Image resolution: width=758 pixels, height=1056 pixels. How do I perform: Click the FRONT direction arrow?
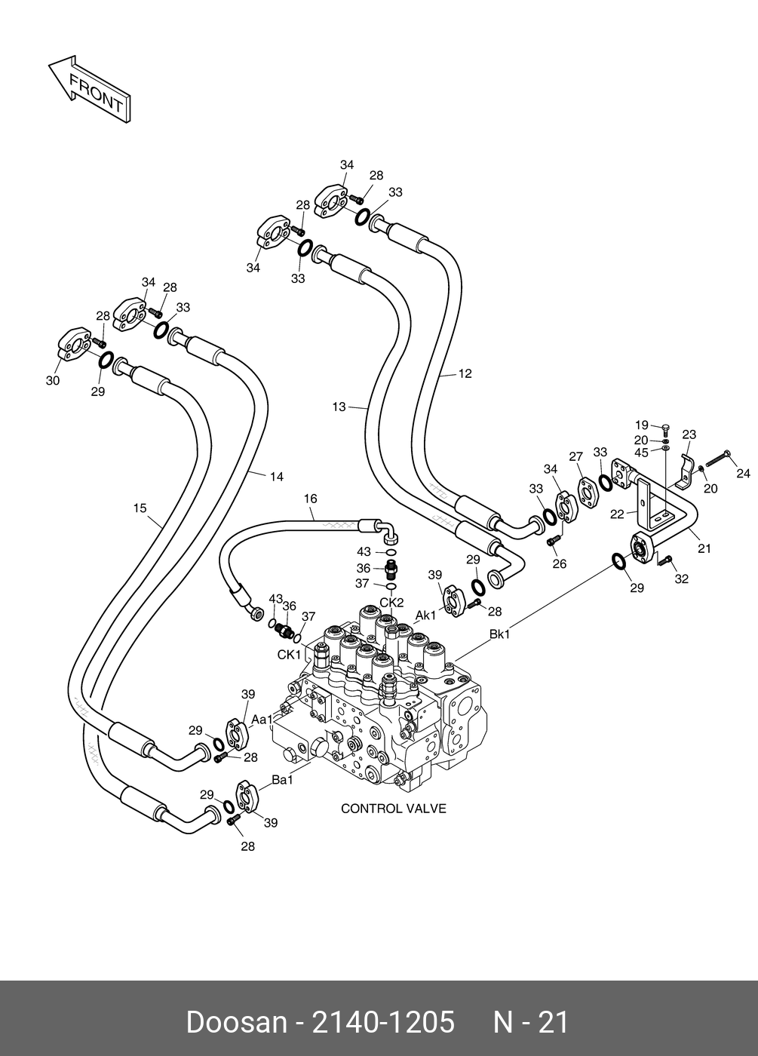(x=90, y=90)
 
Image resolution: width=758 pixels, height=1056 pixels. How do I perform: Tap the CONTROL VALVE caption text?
(x=393, y=809)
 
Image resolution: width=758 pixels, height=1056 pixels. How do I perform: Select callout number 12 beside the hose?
(x=465, y=373)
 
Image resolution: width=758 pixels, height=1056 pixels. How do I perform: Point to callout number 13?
(x=339, y=407)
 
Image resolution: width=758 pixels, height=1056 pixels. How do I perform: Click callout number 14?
(x=277, y=477)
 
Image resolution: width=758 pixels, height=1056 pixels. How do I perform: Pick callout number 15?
(x=140, y=508)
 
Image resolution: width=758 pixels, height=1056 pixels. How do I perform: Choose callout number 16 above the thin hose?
(x=311, y=499)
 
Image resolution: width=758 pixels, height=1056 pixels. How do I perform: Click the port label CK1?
(x=289, y=655)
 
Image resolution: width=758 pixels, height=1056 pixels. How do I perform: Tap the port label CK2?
(x=391, y=603)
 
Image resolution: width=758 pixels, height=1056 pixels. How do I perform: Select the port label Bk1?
(x=499, y=634)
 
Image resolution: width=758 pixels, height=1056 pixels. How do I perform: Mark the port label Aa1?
(x=262, y=720)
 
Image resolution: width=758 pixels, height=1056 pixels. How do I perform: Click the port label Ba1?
(x=282, y=780)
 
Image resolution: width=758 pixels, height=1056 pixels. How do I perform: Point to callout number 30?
(x=53, y=380)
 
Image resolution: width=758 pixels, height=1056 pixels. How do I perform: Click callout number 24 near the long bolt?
(x=744, y=473)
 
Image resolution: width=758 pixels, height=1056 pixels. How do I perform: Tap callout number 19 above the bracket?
(x=642, y=425)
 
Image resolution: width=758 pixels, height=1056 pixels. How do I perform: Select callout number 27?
(x=576, y=456)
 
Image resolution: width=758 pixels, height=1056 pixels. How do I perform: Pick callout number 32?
(x=682, y=579)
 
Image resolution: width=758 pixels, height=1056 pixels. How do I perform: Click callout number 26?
(x=560, y=563)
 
